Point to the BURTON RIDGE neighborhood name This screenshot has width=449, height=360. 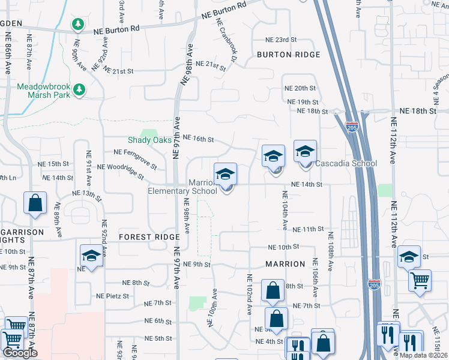[288, 55]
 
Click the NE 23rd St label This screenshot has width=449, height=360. [282, 40]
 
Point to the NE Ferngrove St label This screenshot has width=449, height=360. [134, 158]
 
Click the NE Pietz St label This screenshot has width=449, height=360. [113, 296]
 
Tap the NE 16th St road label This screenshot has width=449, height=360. [198, 139]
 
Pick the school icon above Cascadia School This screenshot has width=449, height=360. [305, 152]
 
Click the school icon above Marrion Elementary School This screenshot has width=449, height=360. [226, 175]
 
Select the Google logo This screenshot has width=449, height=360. [19, 353]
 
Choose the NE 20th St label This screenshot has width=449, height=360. [300, 88]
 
